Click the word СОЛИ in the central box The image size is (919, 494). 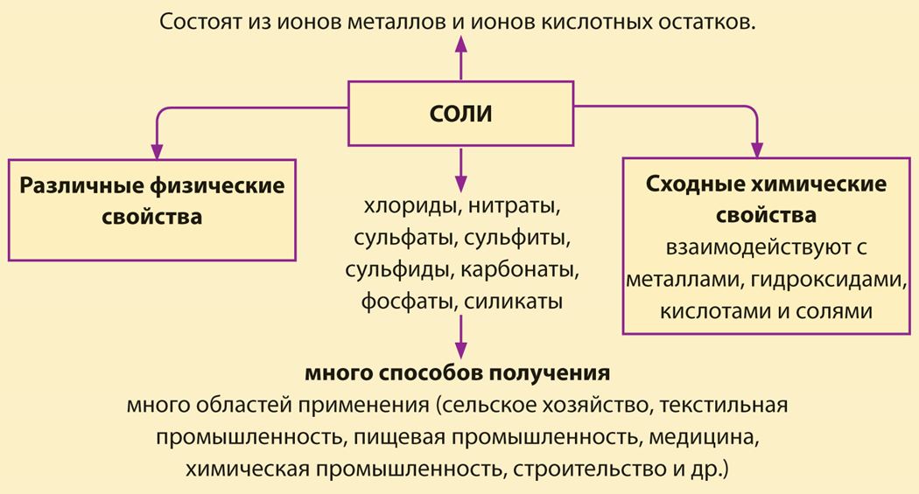(460, 114)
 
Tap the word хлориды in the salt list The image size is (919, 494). (409, 206)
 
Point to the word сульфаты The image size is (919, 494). (404, 238)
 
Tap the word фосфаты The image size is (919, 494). (408, 302)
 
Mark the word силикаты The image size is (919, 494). (514, 302)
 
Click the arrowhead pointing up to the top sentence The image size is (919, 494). (461, 45)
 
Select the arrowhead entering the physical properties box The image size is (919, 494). (157, 150)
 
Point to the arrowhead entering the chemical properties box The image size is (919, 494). (757, 150)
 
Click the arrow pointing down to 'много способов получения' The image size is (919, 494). (461, 337)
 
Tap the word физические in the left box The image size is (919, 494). (217, 185)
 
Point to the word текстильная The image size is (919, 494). (724, 405)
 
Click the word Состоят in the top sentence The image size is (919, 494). (201, 22)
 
